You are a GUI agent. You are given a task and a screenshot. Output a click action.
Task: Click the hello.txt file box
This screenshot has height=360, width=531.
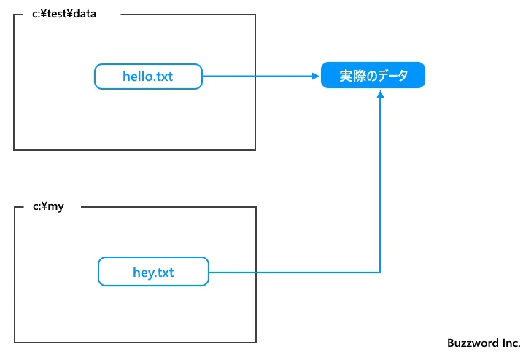pos(148,76)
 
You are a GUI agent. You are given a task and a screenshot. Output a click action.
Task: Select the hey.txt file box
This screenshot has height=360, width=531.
pos(153,272)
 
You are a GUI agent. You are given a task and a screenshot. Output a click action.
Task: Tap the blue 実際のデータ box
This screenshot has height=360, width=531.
pos(373,76)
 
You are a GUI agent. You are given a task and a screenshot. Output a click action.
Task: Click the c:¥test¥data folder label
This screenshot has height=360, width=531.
pos(64,14)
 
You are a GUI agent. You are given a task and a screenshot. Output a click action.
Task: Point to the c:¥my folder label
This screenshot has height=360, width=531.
pos(48,207)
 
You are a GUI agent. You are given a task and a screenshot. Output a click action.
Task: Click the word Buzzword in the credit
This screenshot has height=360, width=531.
pos(470,343)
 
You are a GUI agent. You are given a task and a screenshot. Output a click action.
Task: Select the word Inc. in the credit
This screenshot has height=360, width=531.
pos(508,343)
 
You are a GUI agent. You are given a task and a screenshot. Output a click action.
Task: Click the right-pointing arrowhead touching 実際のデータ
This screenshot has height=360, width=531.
pos(315,76)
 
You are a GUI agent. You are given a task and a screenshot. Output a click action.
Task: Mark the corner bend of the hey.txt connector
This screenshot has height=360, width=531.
pos(380,273)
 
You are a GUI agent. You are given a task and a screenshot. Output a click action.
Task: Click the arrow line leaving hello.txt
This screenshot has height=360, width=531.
pos(255,76)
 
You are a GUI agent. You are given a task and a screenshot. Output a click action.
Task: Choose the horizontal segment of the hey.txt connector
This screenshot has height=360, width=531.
pos(292,273)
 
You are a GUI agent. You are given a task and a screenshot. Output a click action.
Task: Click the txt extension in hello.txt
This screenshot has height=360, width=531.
pos(163,76)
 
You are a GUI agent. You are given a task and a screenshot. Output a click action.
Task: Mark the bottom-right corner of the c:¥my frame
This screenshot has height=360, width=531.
pos(256,342)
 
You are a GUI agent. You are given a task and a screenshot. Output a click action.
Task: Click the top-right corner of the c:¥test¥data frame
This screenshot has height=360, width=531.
pos(255,15)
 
